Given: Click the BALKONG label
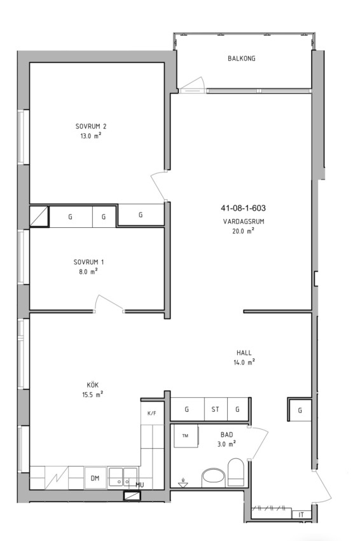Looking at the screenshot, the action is pyautogui.click(x=242, y=59).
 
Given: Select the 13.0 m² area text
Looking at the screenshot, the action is pyautogui.click(x=91, y=136).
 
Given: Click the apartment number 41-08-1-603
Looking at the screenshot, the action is pyautogui.click(x=243, y=208).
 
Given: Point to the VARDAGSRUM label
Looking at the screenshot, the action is pyautogui.click(x=244, y=221).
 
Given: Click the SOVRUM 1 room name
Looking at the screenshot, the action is pyautogui.click(x=88, y=262).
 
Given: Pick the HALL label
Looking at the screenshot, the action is pyautogui.click(x=244, y=353).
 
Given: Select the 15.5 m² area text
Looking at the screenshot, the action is pyautogui.click(x=92, y=395).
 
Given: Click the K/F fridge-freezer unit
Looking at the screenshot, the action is pyautogui.click(x=152, y=413).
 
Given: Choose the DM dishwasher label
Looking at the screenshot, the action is pyautogui.click(x=95, y=478).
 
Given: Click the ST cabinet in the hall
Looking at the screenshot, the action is pyautogui.click(x=216, y=409).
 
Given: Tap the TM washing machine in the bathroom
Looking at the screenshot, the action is pyautogui.click(x=186, y=436).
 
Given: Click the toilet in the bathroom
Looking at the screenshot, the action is pyautogui.click(x=236, y=472).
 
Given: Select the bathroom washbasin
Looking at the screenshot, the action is pyautogui.click(x=214, y=478).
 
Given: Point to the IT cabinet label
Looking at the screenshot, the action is pyautogui.click(x=301, y=514).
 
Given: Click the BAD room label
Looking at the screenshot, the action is pyautogui.click(x=226, y=435).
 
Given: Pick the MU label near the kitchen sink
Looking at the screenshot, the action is pyautogui.click(x=140, y=485).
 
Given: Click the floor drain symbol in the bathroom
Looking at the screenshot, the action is pyautogui.click(x=183, y=483).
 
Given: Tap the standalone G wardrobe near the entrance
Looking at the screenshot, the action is pyautogui.click(x=300, y=410).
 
